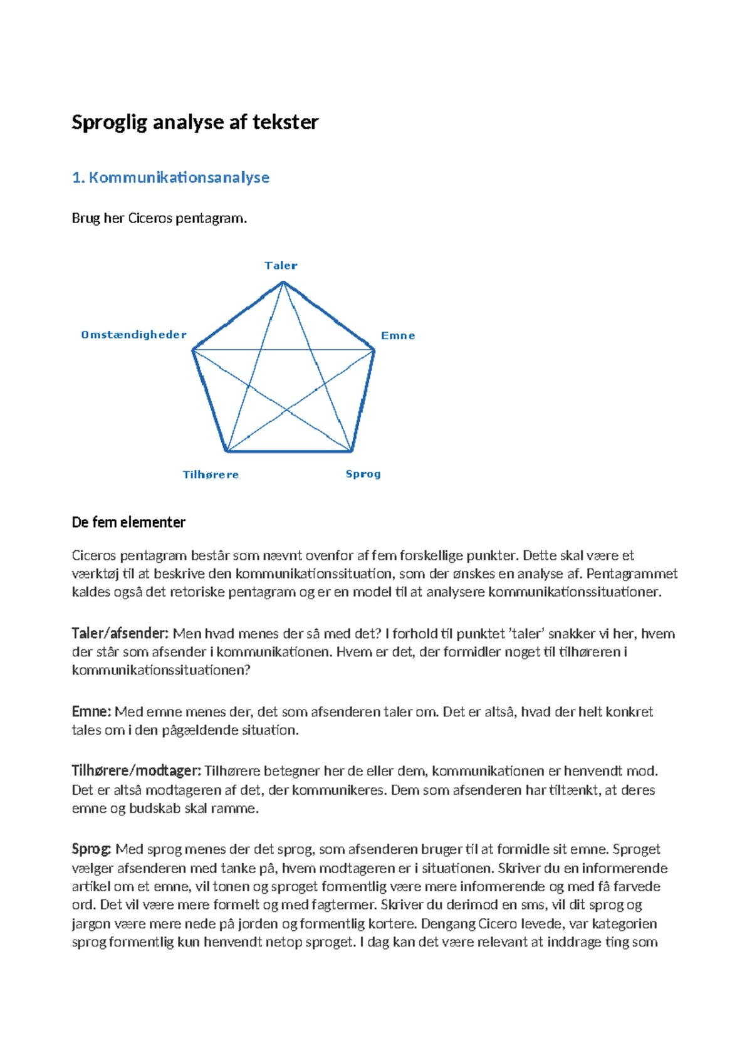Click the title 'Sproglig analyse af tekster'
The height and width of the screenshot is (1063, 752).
pyautogui.click(x=195, y=122)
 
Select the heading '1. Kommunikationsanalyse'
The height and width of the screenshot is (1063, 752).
pyautogui.click(x=170, y=177)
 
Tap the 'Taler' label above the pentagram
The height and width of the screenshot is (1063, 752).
pyautogui.click(x=281, y=265)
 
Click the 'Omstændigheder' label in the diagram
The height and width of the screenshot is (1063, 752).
pyautogui.click(x=133, y=335)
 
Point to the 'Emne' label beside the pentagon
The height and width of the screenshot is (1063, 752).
pyautogui.click(x=398, y=335)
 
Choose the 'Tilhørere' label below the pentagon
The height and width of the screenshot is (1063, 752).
pyautogui.click(x=211, y=474)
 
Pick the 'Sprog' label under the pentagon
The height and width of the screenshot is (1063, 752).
pyautogui.click(x=363, y=474)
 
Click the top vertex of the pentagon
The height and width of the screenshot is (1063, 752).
pyautogui.click(x=283, y=282)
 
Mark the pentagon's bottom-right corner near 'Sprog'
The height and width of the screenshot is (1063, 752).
pyautogui.click(x=352, y=451)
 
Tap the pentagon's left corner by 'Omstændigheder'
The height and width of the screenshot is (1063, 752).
pyautogui.click(x=193, y=350)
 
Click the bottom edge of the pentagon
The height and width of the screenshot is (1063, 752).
pyautogui.click(x=288, y=451)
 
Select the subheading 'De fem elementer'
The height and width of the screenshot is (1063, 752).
pyautogui.click(x=128, y=522)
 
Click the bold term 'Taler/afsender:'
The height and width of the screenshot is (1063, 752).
pyautogui.click(x=120, y=634)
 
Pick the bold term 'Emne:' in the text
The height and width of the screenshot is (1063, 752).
pyautogui.click(x=91, y=711)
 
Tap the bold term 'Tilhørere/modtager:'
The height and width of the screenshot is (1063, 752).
pyautogui.click(x=136, y=771)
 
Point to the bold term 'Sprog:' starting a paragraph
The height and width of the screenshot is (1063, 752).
pyautogui.click(x=91, y=849)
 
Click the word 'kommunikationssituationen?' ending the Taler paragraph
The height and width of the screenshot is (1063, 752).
pyautogui.click(x=161, y=670)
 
